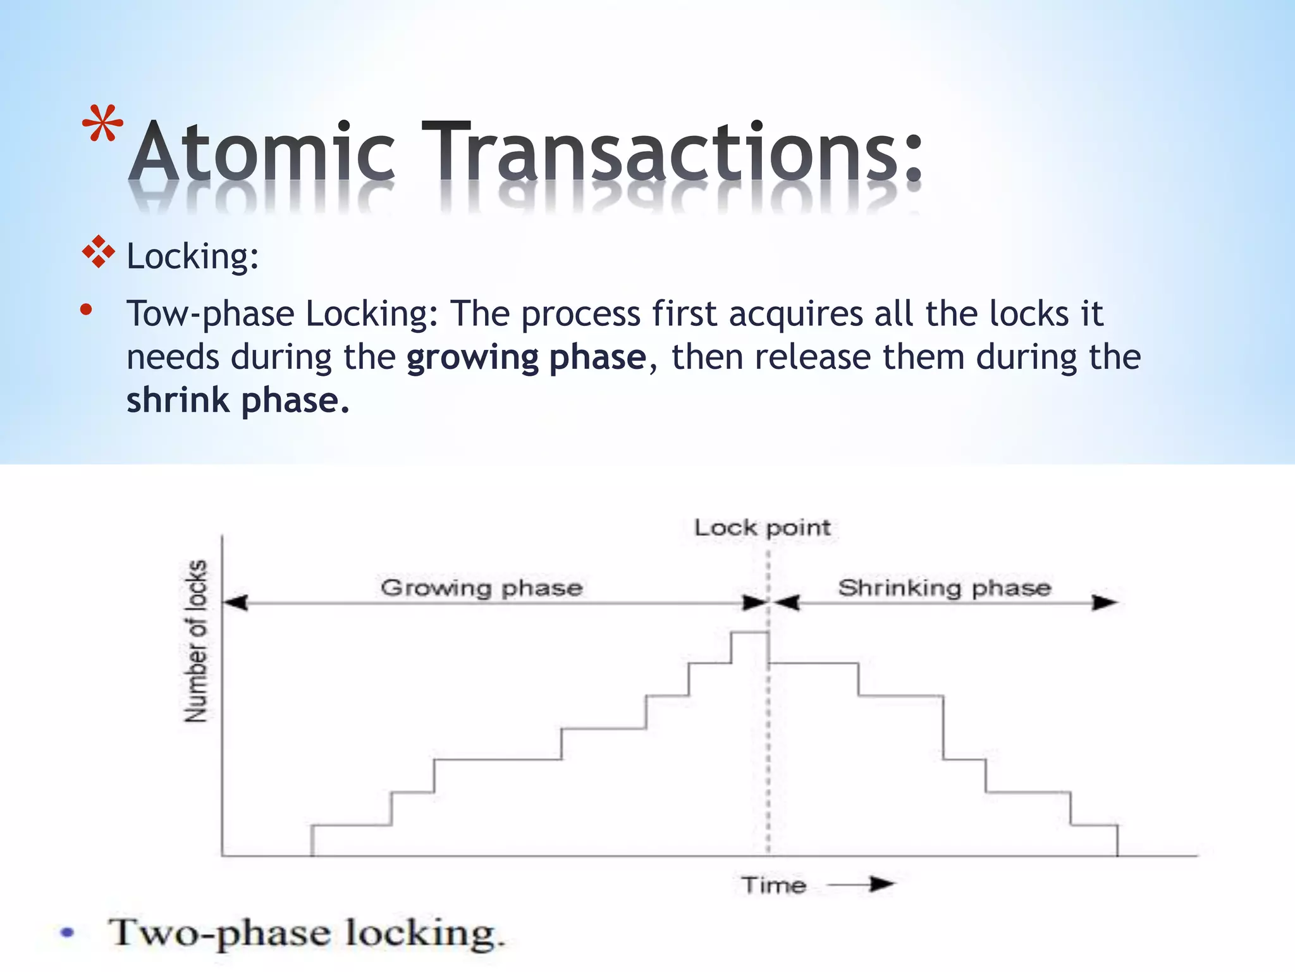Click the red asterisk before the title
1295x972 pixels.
tap(102, 123)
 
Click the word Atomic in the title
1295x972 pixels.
tap(262, 152)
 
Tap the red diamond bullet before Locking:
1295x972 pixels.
tap(99, 252)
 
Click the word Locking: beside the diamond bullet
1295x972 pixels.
tap(193, 257)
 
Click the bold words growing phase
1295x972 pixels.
tap(526, 358)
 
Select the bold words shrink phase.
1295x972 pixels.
tap(238, 401)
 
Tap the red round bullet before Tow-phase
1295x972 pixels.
tap(87, 310)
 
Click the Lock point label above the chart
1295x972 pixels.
tap(762, 527)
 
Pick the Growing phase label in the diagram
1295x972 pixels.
tap(481, 587)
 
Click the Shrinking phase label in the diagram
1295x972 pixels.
tap(945, 587)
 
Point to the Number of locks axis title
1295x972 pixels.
tap(196, 640)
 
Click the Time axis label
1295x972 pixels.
tap(774, 885)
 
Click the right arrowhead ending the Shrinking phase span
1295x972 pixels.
tap(1105, 602)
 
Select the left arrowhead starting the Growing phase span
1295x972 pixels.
tap(235, 602)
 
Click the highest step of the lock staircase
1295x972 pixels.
tap(749, 632)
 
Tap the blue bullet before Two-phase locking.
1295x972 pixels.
tap(67, 932)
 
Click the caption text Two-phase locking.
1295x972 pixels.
tap(307, 933)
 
